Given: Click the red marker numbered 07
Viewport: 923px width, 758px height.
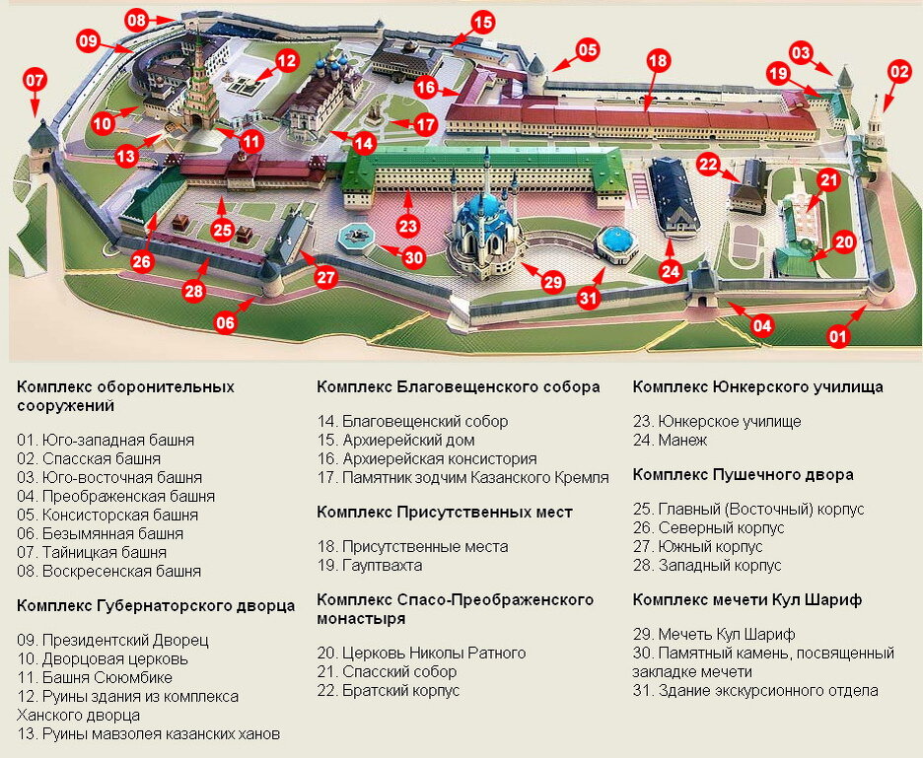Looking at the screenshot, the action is pos(35,79).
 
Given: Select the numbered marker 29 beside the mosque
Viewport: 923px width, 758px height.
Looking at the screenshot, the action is pos(553,282).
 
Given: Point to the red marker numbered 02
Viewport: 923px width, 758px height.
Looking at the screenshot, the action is pos(899,71).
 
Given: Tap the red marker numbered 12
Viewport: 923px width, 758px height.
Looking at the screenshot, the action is pos(286,61).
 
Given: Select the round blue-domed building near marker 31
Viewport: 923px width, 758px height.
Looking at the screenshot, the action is pos(616,241).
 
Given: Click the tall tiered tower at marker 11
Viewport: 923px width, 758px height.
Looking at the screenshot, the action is pos(203,84).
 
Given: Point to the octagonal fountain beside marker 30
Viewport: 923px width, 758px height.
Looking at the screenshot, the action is pos(355,236).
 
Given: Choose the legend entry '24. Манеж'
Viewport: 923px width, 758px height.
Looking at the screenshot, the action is pos(671,440).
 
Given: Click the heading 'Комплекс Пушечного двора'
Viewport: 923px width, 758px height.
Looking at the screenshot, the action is pos(743,474).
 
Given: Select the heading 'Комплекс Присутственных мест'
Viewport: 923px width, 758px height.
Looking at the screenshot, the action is pos(445,512).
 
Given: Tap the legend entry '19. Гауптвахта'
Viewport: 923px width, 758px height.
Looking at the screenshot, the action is pos(370,565).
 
